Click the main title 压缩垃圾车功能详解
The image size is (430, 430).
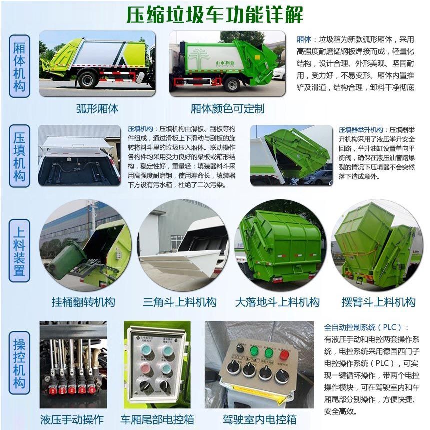[214, 15]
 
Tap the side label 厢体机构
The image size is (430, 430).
[19, 66]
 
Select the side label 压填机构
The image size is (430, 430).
[19, 157]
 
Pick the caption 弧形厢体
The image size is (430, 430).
[97, 108]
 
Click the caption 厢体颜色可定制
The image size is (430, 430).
[227, 108]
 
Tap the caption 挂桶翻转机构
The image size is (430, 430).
[83, 302]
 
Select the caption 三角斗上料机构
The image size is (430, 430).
[180, 302]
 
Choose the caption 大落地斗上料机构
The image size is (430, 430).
[277, 302]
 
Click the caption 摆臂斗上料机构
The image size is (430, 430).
[378, 302]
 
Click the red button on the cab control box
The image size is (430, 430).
[284, 355]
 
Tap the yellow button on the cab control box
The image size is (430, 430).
[240, 348]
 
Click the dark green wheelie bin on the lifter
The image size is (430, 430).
[67, 260]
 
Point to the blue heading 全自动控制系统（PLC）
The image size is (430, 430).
[366, 328]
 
